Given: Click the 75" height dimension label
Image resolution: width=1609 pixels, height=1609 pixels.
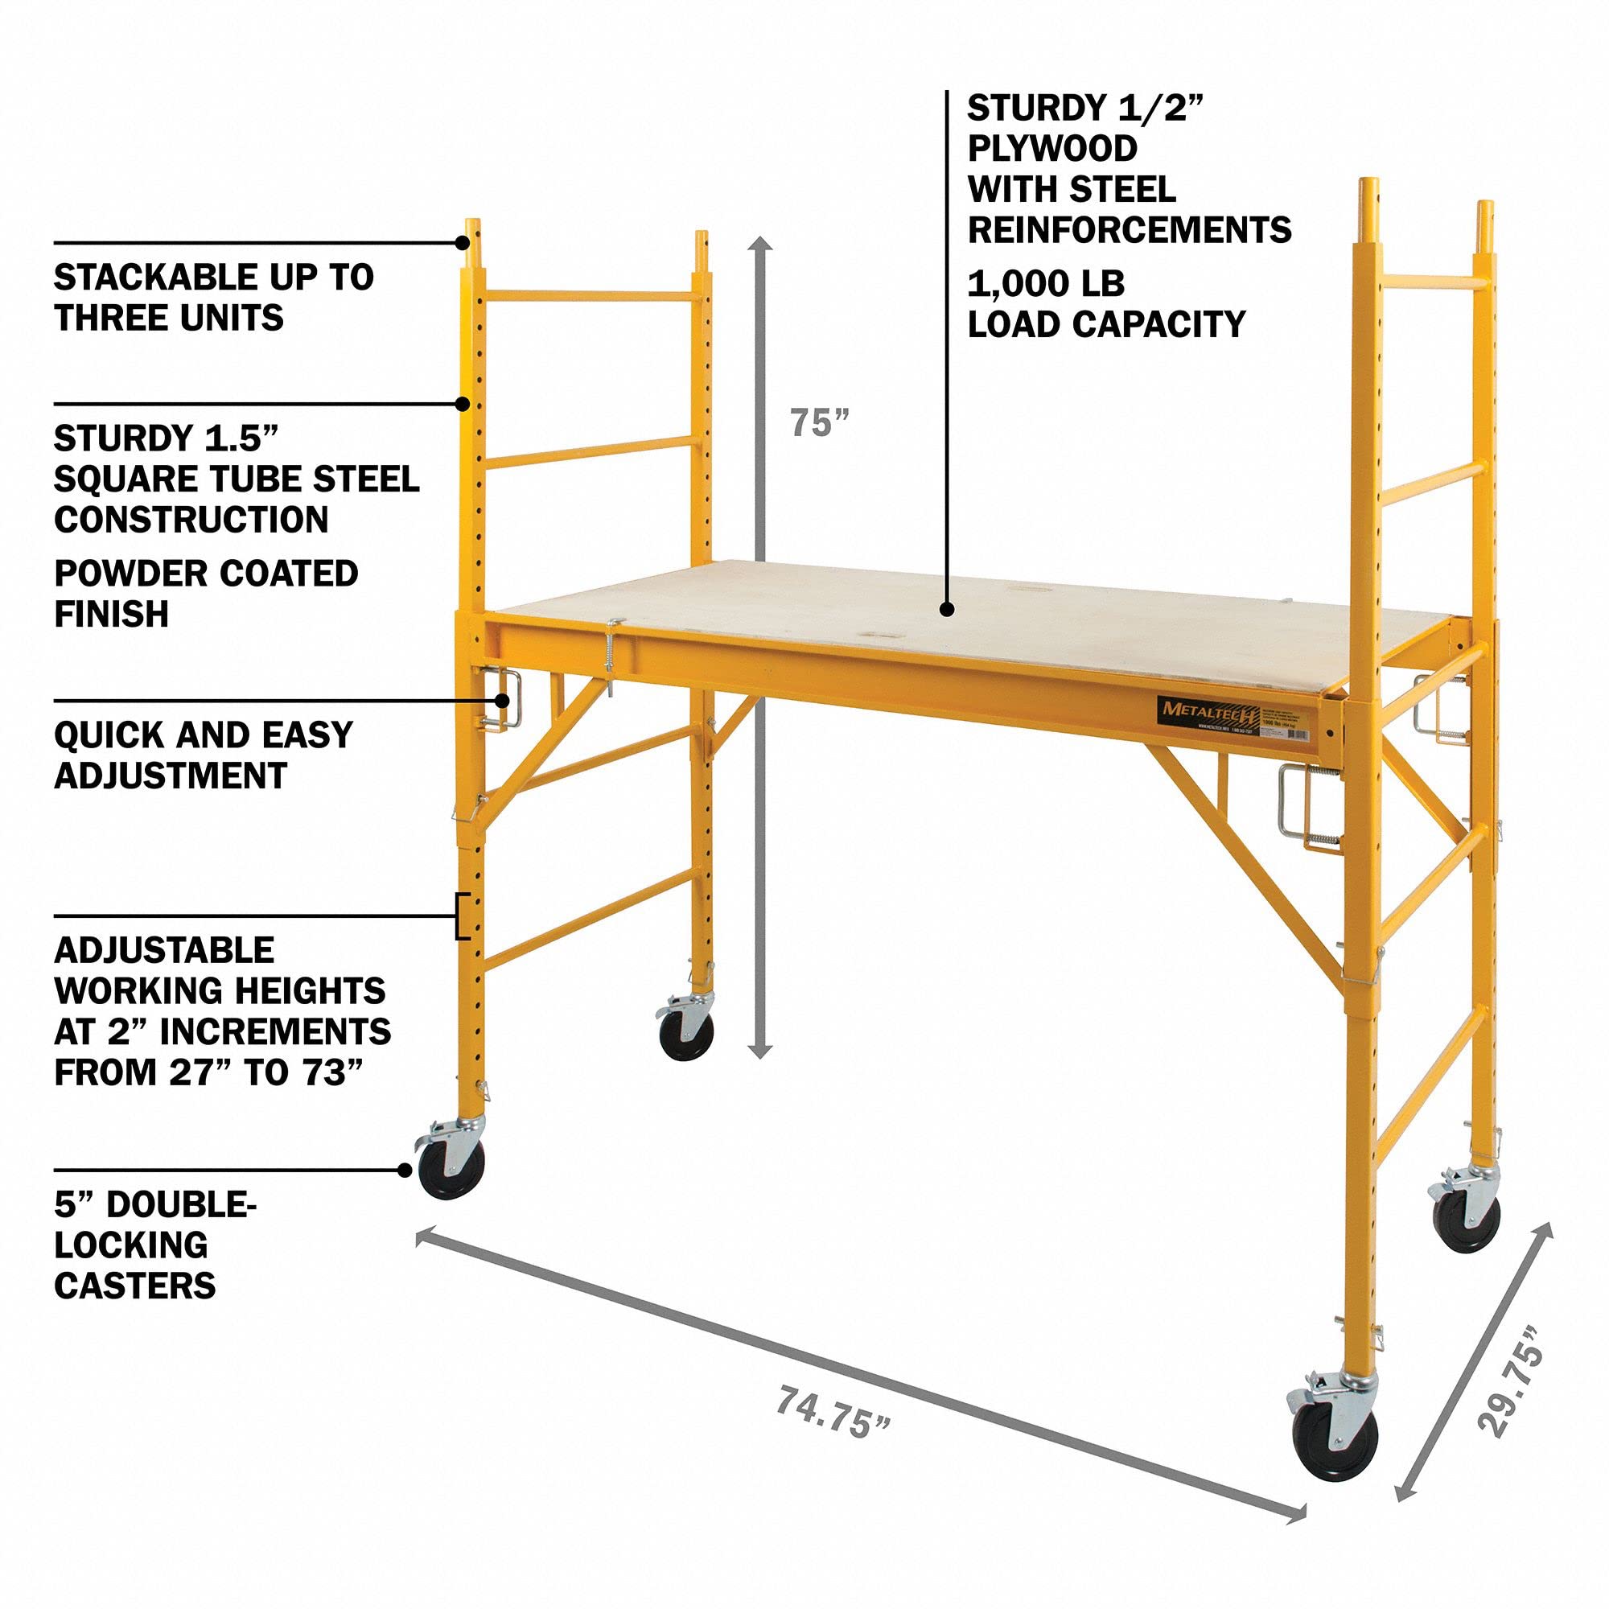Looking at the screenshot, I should pyautogui.click(x=819, y=423).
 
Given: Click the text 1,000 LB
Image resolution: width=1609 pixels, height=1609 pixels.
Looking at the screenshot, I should pyautogui.click(x=1045, y=285).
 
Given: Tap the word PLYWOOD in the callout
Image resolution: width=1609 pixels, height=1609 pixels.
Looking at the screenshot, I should pyautogui.click(x=1051, y=148).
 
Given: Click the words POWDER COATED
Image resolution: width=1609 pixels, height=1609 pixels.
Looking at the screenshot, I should pyautogui.click(x=206, y=574).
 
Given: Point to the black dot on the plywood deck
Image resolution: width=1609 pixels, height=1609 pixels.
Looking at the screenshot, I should pyautogui.click(x=947, y=610).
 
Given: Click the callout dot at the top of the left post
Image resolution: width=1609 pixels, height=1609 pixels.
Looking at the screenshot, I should pyautogui.click(x=463, y=242).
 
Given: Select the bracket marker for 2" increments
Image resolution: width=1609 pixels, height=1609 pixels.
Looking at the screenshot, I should pyautogui.click(x=460, y=916).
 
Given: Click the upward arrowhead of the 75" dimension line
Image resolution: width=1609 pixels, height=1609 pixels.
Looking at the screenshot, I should pyautogui.click(x=760, y=243).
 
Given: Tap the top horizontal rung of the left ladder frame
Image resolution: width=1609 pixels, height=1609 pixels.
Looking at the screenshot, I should pyautogui.click(x=590, y=294).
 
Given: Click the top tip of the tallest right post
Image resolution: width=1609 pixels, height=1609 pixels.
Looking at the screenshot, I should pyautogui.click(x=1367, y=181).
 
